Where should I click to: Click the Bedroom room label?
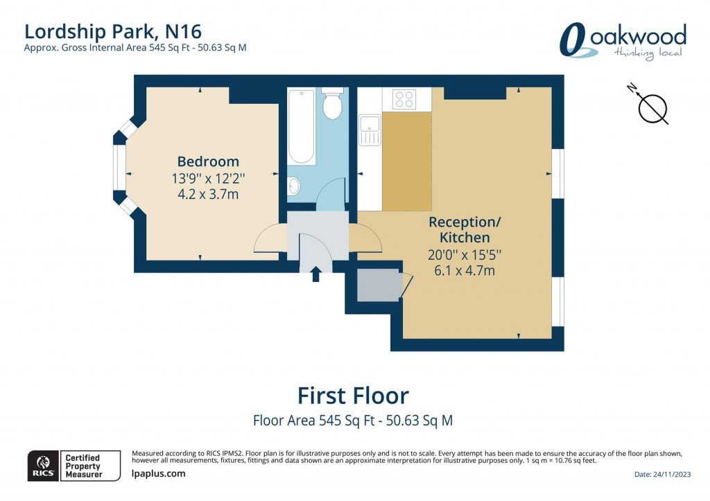(208, 161)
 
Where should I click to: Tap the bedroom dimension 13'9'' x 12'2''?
(208, 178)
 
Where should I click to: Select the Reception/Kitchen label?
(464, 229)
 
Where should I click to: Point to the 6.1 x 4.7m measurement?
(464, 270)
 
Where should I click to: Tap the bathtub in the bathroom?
(302, 126)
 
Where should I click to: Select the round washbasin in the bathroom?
(294, 185)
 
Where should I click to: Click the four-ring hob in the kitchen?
(404, 99)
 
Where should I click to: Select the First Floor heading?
(353, 396)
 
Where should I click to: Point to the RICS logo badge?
(43, 465)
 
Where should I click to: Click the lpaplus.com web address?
(158, 474)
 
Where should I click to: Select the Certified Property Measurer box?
(83, 465)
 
